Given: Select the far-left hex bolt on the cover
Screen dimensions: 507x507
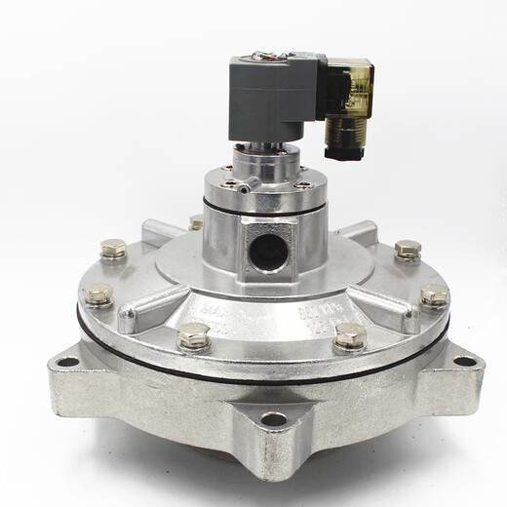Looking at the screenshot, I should (98, 292).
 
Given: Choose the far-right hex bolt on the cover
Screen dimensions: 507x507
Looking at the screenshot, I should (434, 294).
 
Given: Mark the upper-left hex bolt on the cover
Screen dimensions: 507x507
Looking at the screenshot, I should (114, 249).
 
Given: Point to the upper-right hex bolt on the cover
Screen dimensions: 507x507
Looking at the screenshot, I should (408, 250).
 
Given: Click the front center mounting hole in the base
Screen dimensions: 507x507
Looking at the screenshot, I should (274, 419).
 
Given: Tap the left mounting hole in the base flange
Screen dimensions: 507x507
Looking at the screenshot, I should (67, 362).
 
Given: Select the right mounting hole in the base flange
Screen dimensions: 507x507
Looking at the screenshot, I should (466, 361).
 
